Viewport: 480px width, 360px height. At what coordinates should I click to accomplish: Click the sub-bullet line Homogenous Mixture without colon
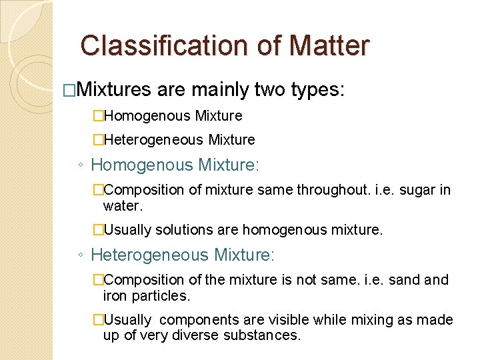(x=173, y=116)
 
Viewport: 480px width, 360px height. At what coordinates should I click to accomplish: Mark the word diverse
(x=201, y=335)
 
